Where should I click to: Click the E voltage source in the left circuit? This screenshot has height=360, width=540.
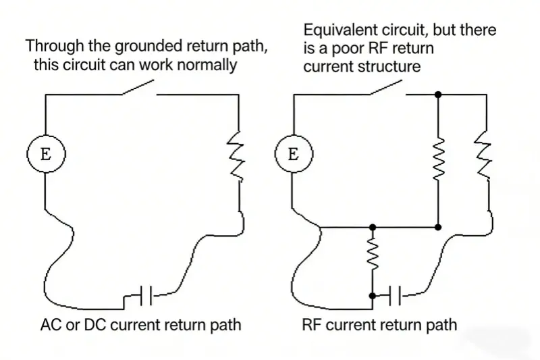click(x=45, y=153)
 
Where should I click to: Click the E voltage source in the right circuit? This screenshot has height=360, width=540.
click(x=293, y=153)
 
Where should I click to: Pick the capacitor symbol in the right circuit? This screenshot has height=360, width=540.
click(x=394, y=294)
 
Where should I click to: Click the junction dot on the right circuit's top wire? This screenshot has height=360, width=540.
click(x=439, y=95)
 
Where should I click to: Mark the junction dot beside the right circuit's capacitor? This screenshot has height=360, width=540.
click(x=372, y=295)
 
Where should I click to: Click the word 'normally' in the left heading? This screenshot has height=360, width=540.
click(x=206, y=65)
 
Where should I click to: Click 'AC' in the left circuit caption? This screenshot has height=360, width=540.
click(x=51, y=325)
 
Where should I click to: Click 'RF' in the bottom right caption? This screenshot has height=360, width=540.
click(x=313, y=325)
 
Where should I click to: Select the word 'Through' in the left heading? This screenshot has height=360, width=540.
click(x=49, y=47)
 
